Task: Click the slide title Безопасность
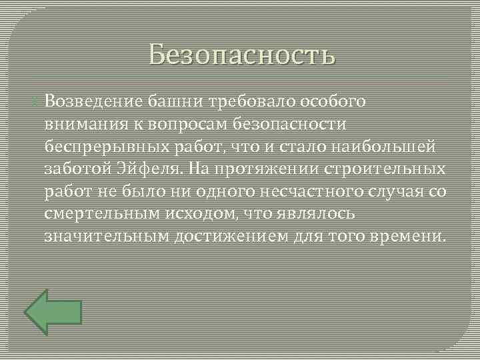tap(242, 54)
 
